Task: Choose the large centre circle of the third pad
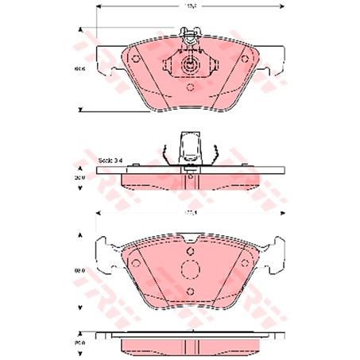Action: coord(191,269)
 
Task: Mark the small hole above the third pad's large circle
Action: coord(191,248)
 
